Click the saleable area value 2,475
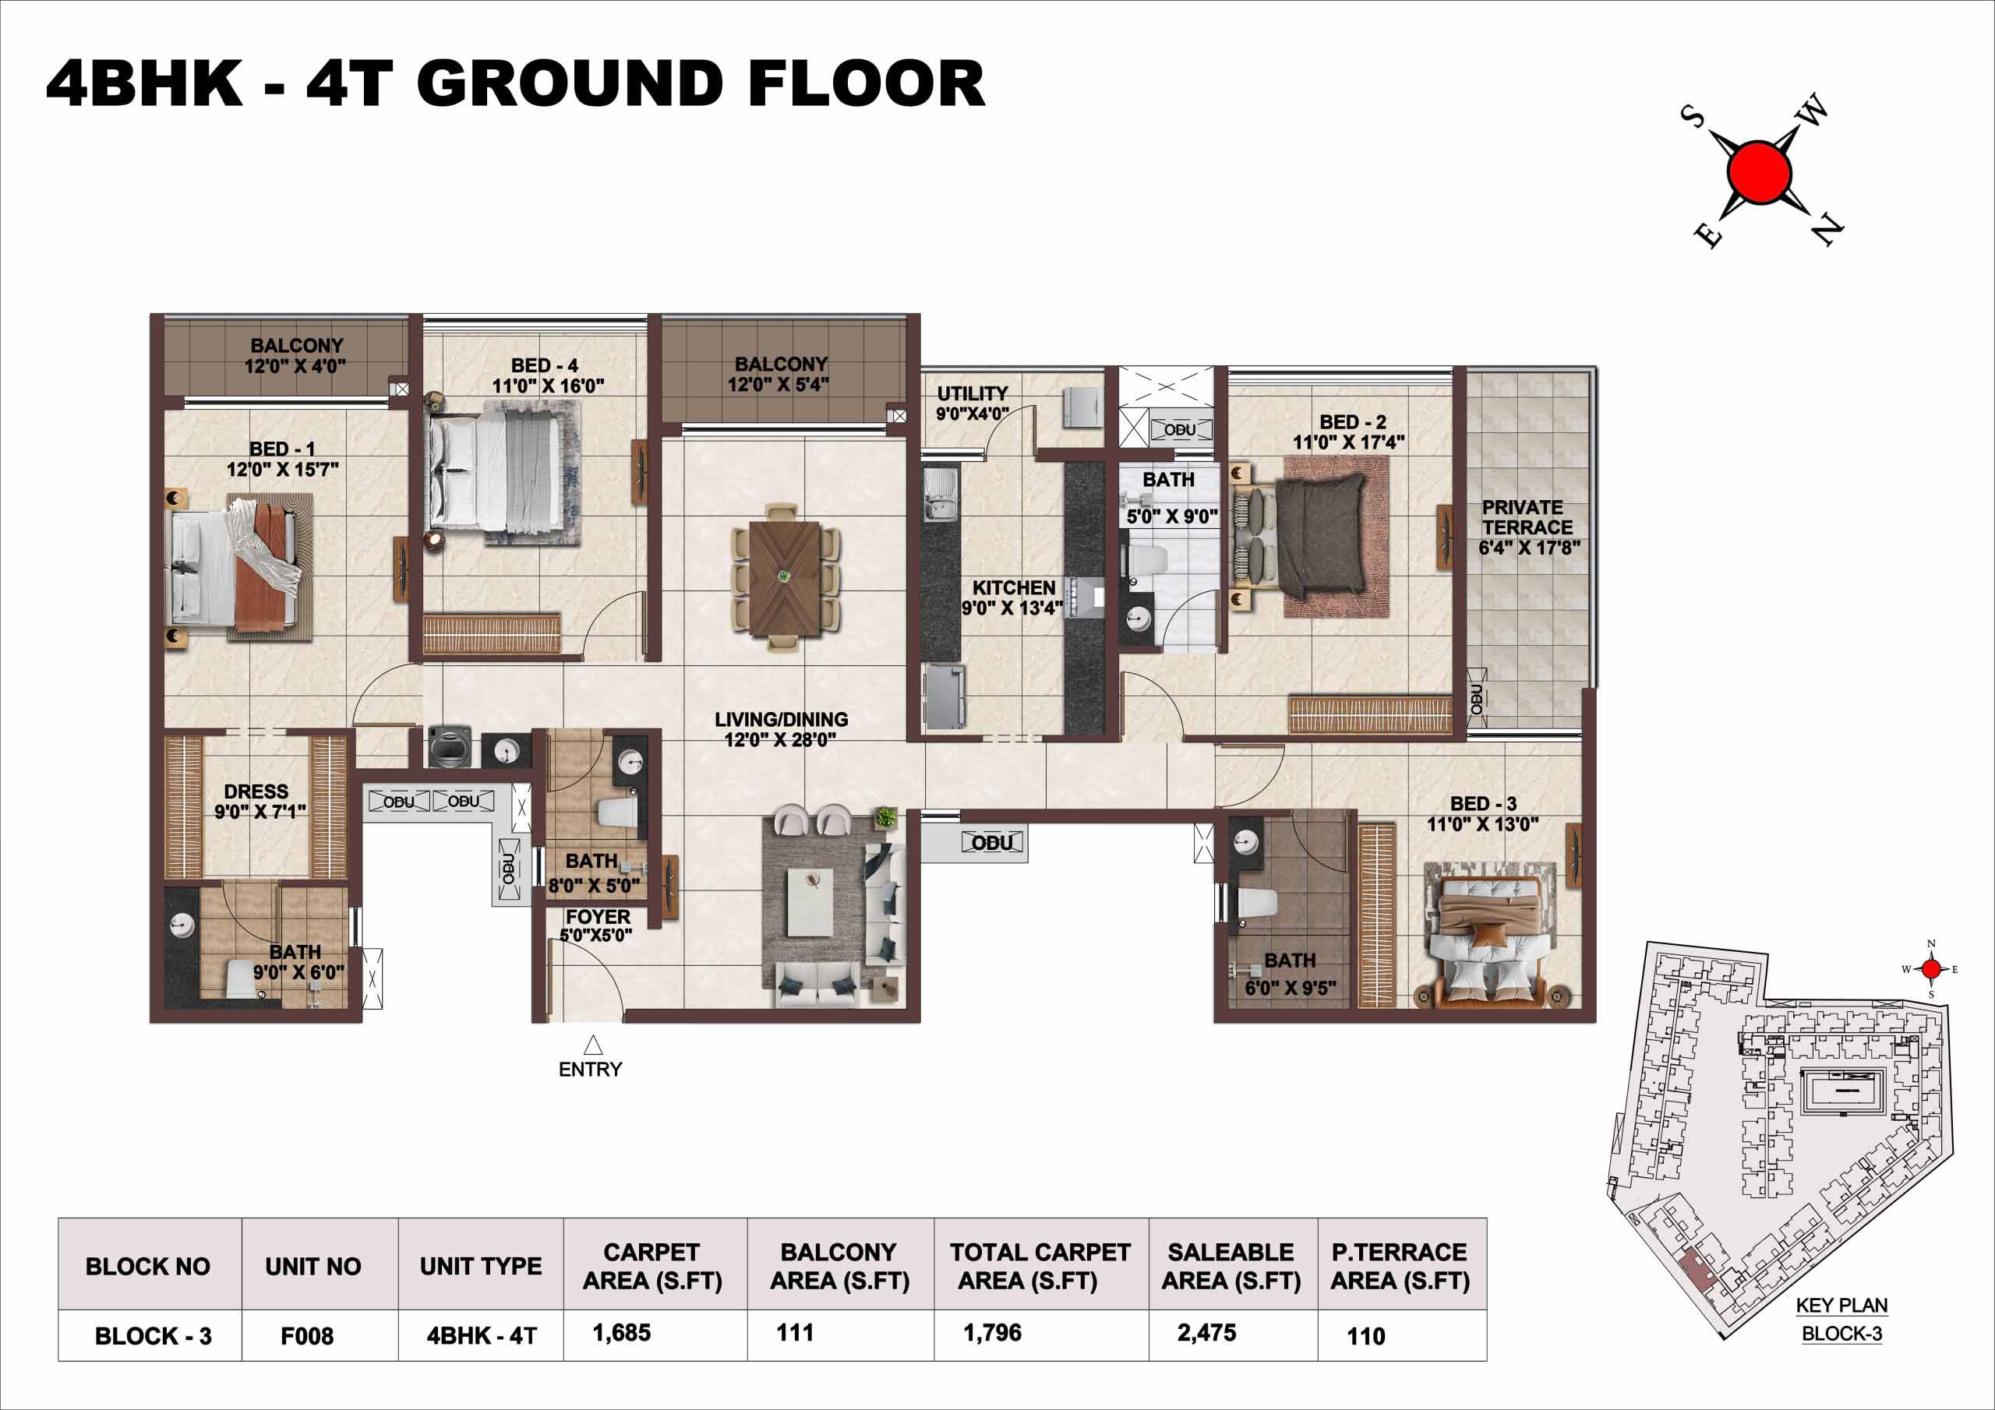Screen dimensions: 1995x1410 1206,1333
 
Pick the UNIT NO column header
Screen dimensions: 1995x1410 312,1266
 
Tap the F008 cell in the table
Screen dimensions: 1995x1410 307,1335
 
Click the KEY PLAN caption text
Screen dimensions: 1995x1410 1841,1305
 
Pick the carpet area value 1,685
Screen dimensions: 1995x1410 621,1333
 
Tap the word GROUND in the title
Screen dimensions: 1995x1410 570,84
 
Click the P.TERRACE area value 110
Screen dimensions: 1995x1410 1366,1336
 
